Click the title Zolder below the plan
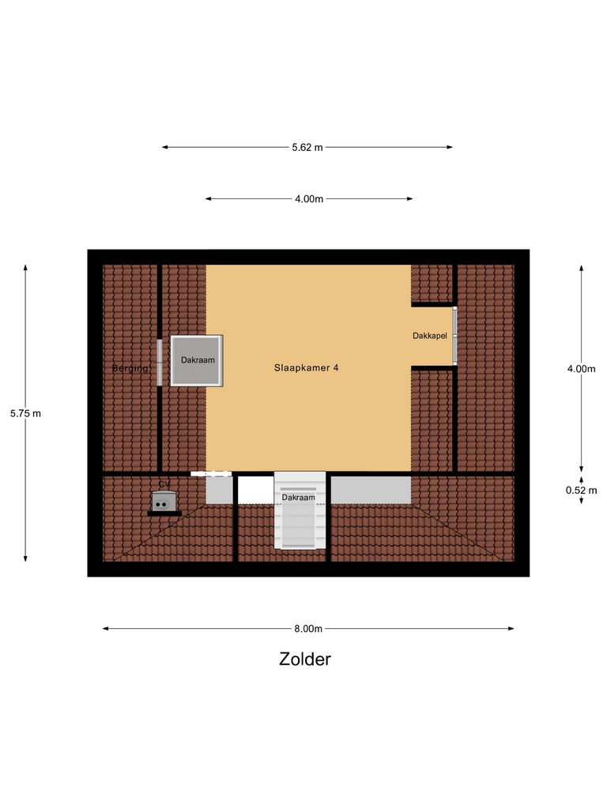point(304,659)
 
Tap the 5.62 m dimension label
point(307,147)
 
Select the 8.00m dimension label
point(307,629)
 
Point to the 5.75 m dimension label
point(25,413)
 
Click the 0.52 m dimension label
point(581,489)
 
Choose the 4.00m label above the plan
point(309,199)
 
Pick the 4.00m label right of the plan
point(581,369)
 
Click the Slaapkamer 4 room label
point(307,367)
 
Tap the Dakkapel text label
point(430,336)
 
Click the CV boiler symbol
point(164,501)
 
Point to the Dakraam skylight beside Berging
point(197,360)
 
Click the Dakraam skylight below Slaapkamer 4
point(300,510)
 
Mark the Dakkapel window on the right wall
point(454,336)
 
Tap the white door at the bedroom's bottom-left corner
point(211,473)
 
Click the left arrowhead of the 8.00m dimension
point(106,629)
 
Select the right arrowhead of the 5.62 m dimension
point(450,147)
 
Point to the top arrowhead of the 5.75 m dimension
point(25,268)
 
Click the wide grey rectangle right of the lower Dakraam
point(371,490)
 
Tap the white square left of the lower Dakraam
point(255,490)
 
